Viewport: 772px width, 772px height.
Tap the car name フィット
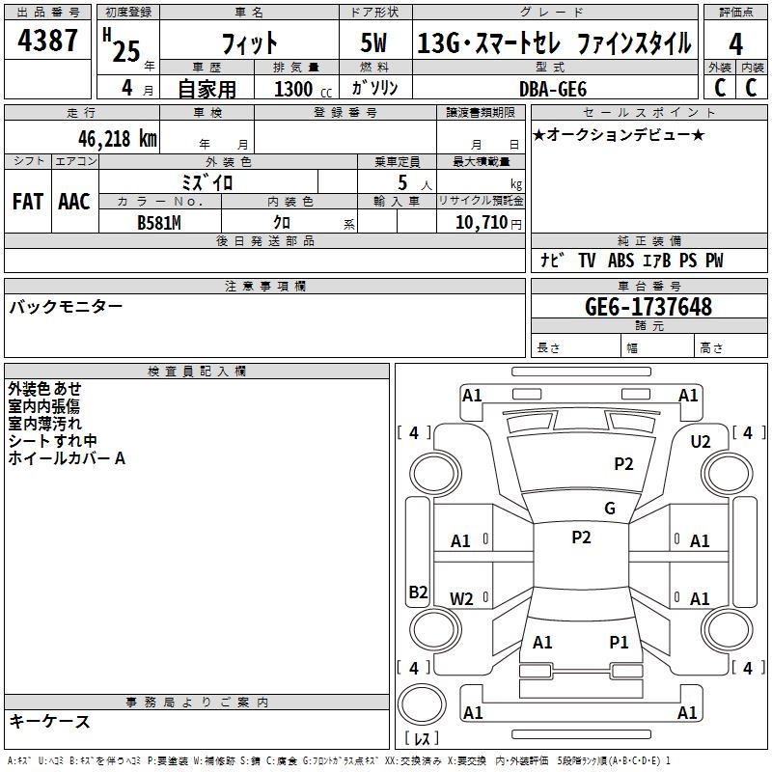[x=249, y=43]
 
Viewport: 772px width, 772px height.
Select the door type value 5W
[x=375, y=43]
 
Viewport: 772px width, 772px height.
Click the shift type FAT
[x=27, y=202]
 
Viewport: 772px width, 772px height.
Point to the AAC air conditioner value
[x=74, y=202]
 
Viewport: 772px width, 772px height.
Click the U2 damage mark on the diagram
[x=701, y=442]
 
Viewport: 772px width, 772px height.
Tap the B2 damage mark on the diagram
[x=418, y=593]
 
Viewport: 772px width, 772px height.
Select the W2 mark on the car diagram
[x=462, y=598]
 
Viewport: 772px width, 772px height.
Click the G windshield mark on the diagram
[x=610, y=509]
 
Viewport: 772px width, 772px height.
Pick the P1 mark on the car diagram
[x=619, y=642]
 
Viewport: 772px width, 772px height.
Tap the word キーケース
[x=49, y=721]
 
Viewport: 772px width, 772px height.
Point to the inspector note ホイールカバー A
[x=67, y=458]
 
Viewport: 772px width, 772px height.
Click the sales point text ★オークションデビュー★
[x=619, y=134]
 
